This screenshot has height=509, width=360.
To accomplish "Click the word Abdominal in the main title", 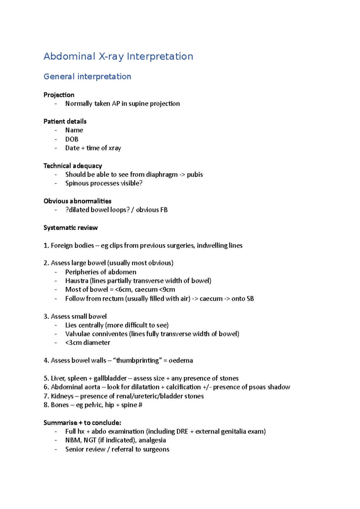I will (69, 56).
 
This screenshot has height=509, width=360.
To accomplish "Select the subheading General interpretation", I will (87, 77).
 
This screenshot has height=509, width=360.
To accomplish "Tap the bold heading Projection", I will (59, 95).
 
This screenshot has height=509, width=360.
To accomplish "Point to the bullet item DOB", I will (72, 139).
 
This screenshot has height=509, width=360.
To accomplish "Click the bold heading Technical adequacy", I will (73, 166).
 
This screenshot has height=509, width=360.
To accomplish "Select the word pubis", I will (195, 175).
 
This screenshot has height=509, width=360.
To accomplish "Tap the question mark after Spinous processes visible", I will (141, 183).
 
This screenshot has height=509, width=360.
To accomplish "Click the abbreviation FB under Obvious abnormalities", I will (164, 210).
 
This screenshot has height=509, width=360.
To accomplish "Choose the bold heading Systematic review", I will (70, 228).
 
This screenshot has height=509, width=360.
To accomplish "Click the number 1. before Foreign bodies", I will (46, 246).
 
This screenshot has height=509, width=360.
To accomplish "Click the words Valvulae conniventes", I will (96, 334).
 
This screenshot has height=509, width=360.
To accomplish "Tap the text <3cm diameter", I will (88, 343).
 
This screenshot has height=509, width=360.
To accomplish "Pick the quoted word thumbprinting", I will (137, 360).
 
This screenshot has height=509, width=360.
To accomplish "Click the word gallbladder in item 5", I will (110, 378).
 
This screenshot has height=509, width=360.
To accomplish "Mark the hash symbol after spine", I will (140, 405).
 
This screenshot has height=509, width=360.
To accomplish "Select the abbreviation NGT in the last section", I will (90, 440).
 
